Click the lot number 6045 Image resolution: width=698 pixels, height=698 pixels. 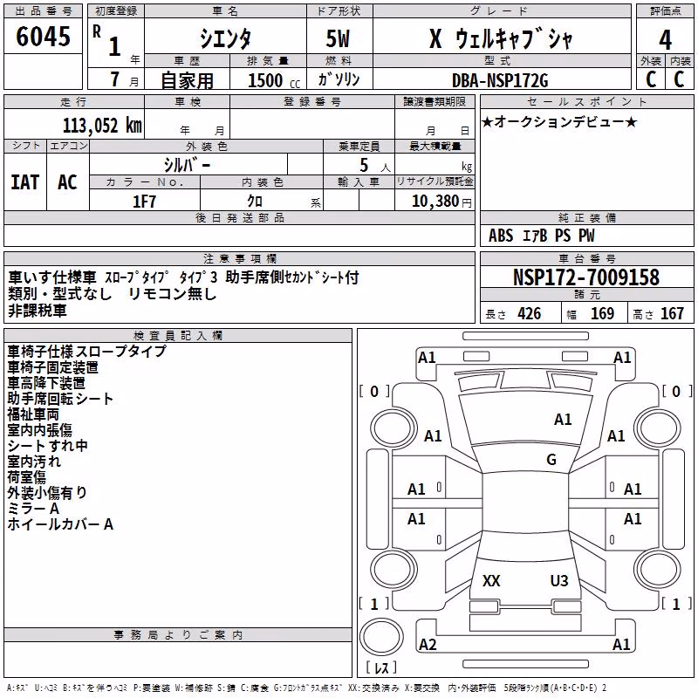click(43, 37)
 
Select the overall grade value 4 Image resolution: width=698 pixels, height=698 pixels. click(665, 40)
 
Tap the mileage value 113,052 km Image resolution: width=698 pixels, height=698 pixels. click(102, 126)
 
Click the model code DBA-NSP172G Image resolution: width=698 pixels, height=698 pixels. click(500, 80)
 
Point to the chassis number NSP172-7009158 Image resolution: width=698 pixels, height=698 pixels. click(585, 277)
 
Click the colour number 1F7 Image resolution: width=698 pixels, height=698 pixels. click(144, 202)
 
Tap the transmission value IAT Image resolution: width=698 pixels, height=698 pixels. click(24, 182)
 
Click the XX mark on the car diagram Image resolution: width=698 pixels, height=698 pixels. click(491, 580)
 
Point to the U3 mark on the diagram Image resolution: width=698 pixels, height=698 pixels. click(559, 580)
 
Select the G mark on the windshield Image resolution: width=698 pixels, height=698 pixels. click(551, 460)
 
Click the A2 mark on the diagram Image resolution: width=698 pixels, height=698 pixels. click(428, 644)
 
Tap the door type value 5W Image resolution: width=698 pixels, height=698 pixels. click(338, 38)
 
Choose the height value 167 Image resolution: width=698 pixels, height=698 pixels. click(672, 313)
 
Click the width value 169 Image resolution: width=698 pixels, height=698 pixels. click(602, 313)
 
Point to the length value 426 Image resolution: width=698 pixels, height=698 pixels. click(530, 313)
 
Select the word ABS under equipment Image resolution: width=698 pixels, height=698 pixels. click(501, 236)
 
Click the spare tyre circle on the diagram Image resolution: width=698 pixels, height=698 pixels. click(381, 636)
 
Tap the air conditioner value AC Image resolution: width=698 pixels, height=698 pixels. click(68, 182)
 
